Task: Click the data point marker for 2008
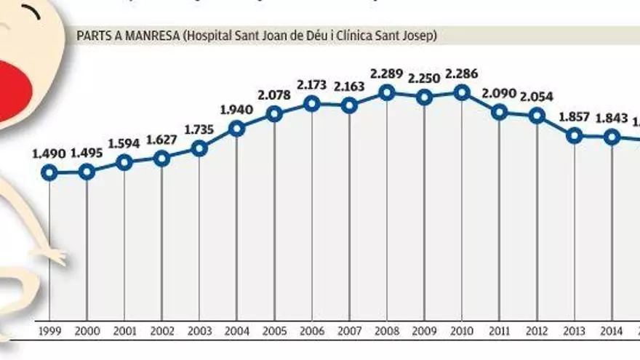click(x=387, y=92)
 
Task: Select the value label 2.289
click(x=387, y=73)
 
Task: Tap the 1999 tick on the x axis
click(x=49, y=332)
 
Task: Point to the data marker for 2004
click(x=237, y=129)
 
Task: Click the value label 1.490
click(x=49, y=153)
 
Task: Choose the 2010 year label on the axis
click(x=462, y=332)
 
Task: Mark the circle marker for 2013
click(x=575, y=135)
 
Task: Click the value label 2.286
click(x=462, y=73)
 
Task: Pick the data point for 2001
click(x=124, y=162)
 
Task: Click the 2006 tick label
click(x=312, y=332)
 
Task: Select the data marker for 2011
click(x=499, y=111)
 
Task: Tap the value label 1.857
click(x=575, y=116)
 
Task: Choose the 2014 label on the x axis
click(x=612, y=332)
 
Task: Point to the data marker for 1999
click(x=49, y=172)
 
